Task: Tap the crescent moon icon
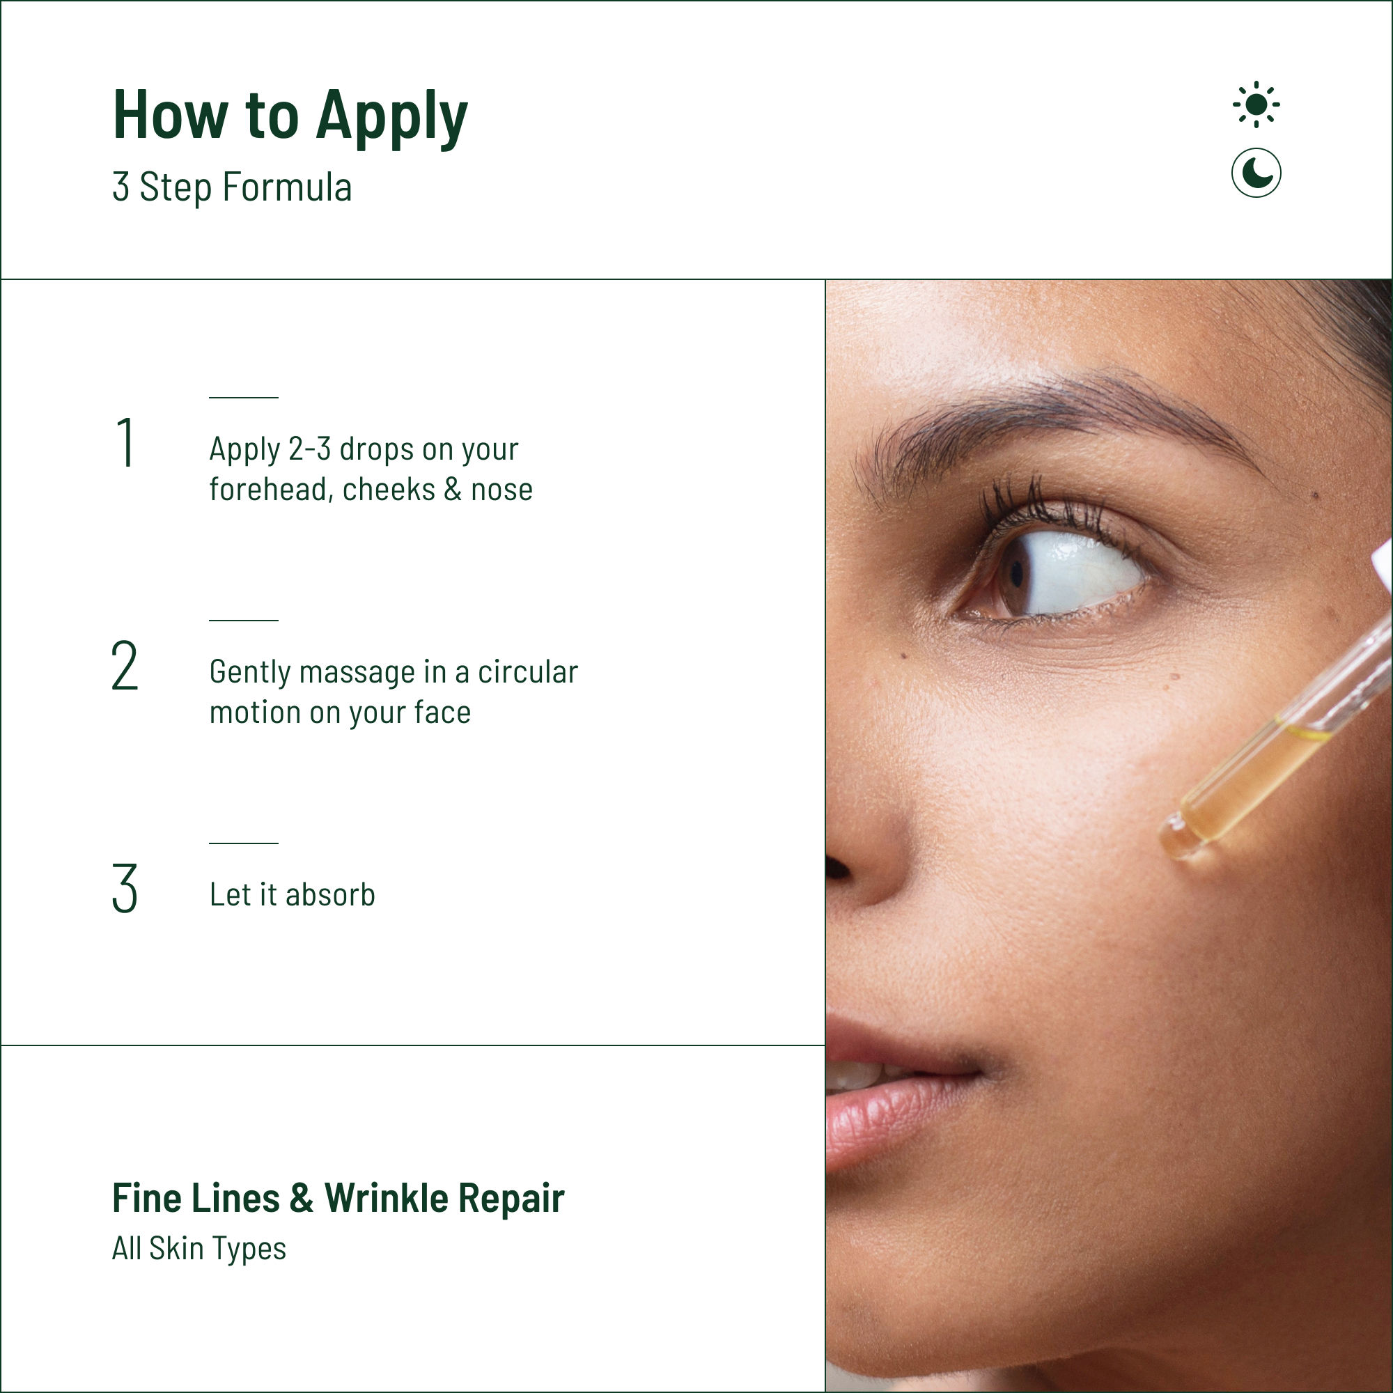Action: tap(1256, 173)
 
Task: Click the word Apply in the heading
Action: tap(392, 118)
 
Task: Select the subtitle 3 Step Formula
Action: tap(232, 187)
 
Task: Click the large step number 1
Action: tap(125, 443)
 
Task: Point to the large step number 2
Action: tap(125, 665)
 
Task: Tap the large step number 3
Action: tap(125, 888)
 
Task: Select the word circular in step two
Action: tap(528, 671)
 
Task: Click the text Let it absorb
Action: tap(292, 895)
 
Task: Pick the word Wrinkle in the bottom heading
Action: tap(387, 1198)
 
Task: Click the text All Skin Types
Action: tap(199, 1250)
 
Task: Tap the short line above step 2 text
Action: tap(244, 620)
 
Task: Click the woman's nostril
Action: tap(838, 869)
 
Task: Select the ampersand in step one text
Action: tap(453, 490)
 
